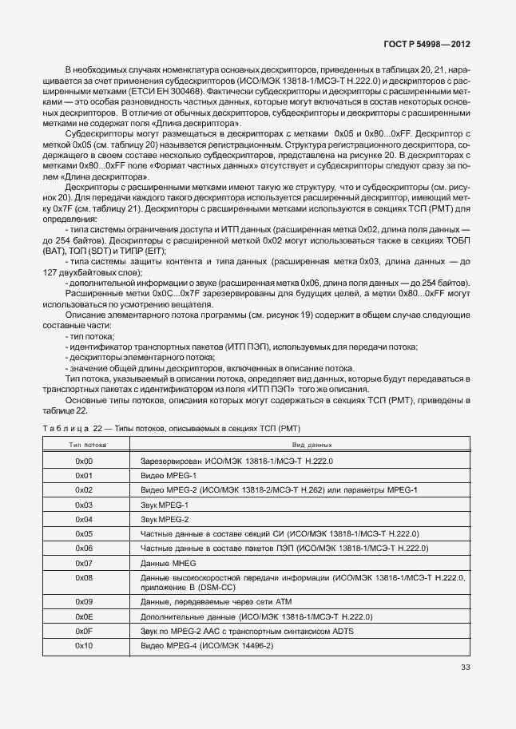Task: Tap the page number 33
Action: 465,668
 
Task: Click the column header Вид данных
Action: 311,445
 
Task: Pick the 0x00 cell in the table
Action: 84,461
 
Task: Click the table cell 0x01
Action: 84,475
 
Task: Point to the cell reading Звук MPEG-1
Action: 164,505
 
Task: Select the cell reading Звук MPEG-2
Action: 164,519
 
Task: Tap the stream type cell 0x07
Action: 84,562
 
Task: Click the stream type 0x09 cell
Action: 84,601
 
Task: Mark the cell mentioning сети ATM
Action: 206,601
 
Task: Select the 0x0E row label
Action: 84,616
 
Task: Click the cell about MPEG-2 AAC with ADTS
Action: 247,631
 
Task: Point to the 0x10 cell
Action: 84,644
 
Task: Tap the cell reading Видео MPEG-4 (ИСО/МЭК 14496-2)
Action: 207,644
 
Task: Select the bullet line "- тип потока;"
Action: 89,337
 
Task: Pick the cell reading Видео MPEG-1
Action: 165,475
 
